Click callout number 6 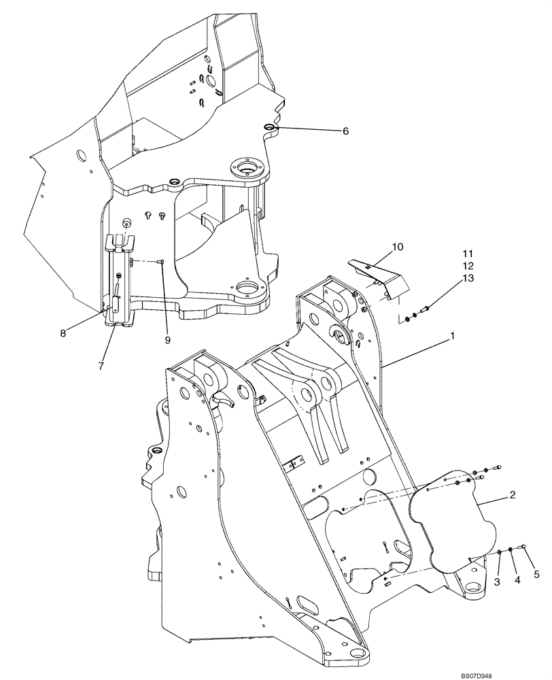click(x=345, y=131)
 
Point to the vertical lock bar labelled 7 click(x=119, y=286)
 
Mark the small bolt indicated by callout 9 click(x=161, y=261)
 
